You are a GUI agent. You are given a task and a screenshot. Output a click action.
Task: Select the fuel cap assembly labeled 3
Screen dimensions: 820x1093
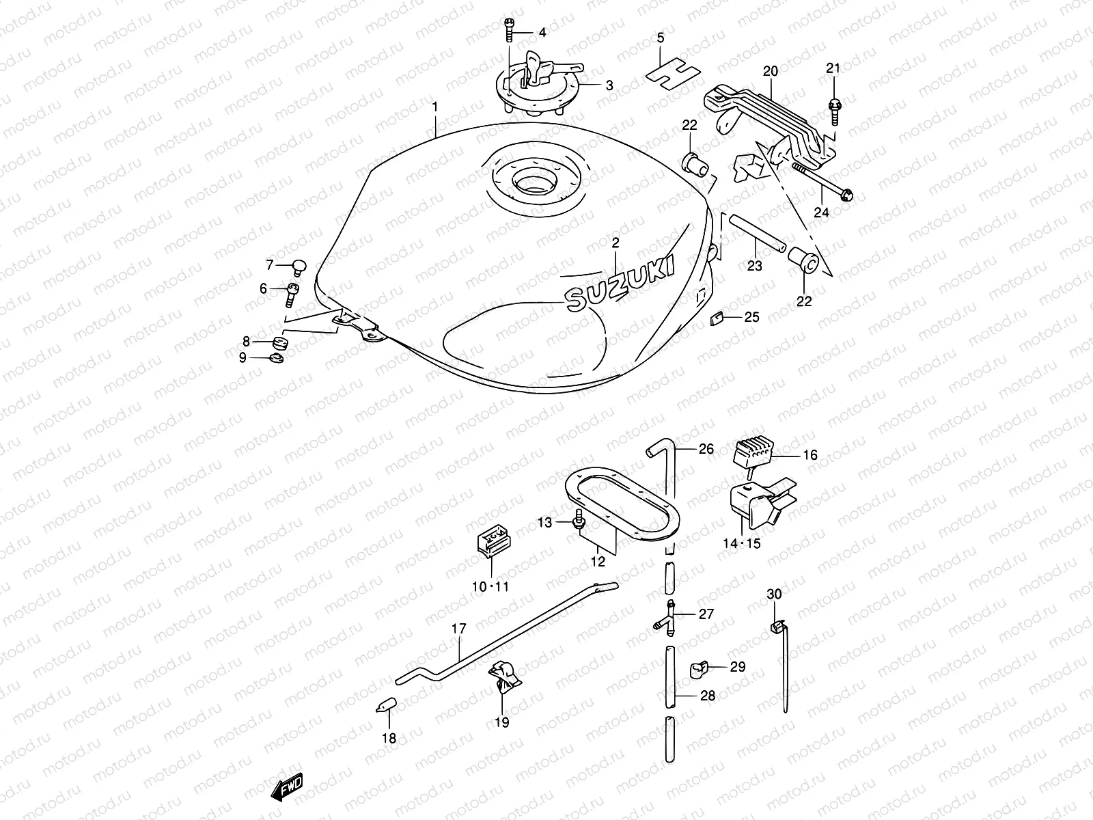[540, 89]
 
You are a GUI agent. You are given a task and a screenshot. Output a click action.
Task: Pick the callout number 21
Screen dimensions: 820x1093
[833, 68]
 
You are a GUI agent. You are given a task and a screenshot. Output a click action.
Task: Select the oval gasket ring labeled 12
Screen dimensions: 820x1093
[622, 506]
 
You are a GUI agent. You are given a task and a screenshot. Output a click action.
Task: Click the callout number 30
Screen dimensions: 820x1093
[773, 594]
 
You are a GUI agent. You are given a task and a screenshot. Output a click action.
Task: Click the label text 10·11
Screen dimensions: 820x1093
[490, 586]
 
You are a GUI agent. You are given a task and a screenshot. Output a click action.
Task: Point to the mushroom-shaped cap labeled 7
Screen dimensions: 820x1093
[299, 264]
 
